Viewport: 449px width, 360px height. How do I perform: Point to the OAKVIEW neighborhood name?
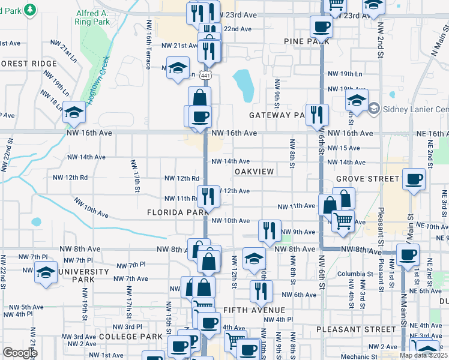click(x=254, y=172)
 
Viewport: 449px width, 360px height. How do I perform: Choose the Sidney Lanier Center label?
click(x=414, y=109)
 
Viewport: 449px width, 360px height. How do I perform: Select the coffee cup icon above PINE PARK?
click(x=321, y=27)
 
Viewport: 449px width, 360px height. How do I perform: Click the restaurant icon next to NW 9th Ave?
click(x=270, y=230)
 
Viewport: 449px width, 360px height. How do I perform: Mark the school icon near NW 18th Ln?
click(x=74, y=112)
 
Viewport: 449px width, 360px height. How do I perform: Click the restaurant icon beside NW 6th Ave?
click(x=261, y=292)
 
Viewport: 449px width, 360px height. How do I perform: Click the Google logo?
click(x=20, y=353)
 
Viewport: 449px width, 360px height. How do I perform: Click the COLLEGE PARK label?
click(x=131, y=337)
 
